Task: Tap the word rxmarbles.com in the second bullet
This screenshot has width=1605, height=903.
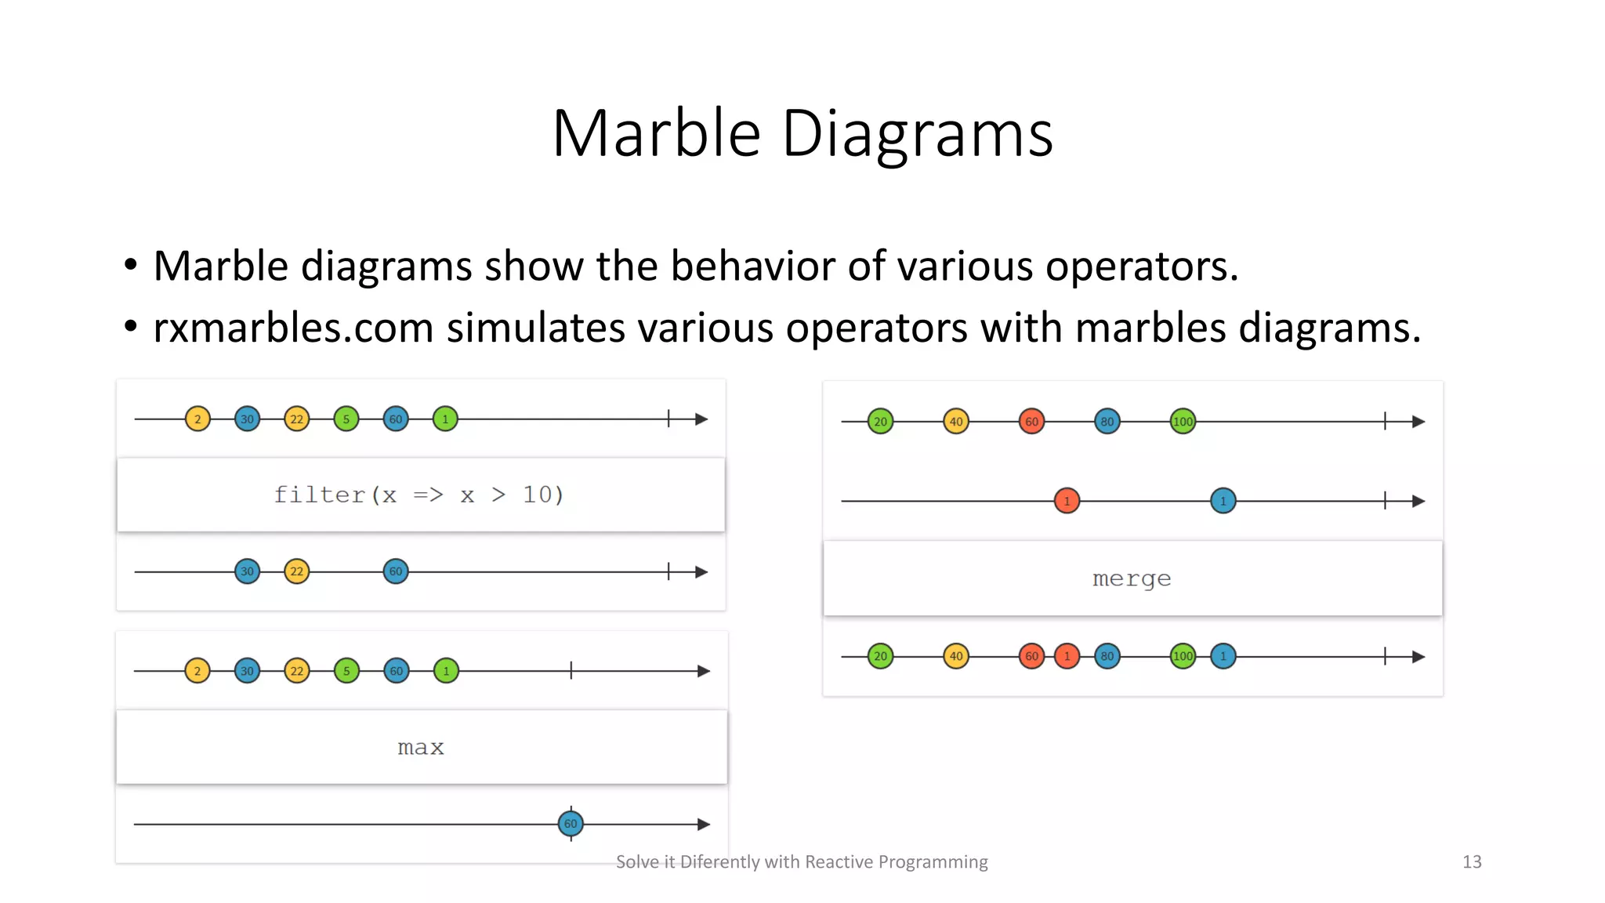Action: pyautogui.click(x=293, y=328)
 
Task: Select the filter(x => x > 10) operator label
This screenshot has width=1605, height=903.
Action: pyautogui.click(x=419, y=495)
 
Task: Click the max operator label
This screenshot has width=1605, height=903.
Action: pyautogui.click(x=421, y=747)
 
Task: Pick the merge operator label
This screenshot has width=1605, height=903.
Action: pyautogui.click(x=1132, y=578)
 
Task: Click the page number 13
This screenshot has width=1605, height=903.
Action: pyautogui.click(x=1472, y=861)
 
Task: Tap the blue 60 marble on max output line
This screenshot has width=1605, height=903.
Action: pyautogui.click(x=571, y=824)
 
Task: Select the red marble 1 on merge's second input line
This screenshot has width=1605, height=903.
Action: pyautogui.click(x=1067, y=501)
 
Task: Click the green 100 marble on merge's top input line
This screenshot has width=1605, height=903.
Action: pyautogui.click(x=1183, y=422)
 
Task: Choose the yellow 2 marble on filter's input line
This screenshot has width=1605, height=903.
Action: pyautogui.click(x=197, y=419)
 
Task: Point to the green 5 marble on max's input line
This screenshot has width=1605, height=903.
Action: pyautogui.click(x=346, y=671)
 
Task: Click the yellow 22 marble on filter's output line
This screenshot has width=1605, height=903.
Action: pyautogui.click(x=297, y=571)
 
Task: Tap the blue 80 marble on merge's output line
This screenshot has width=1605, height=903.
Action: pyautogui.click(x=1107, y=656)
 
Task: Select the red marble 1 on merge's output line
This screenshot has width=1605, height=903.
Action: pyautogui.click(x=1067, y=656)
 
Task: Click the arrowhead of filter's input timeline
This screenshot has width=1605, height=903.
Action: pyautogui.click(x=701, y=419)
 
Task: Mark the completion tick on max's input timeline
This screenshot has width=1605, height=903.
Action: pyautogui.click(x=571, y=670)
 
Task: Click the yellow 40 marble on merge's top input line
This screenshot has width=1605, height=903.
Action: pyautogui.click(x=956, y=422)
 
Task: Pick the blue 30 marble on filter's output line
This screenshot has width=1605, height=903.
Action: pyautogui.click(x=247, y=571)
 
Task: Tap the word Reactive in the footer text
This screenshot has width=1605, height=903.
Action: pyautogui.click(x=839, y=861)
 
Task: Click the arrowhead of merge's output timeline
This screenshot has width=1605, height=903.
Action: pyautogui.click(x=1418, y=657)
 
